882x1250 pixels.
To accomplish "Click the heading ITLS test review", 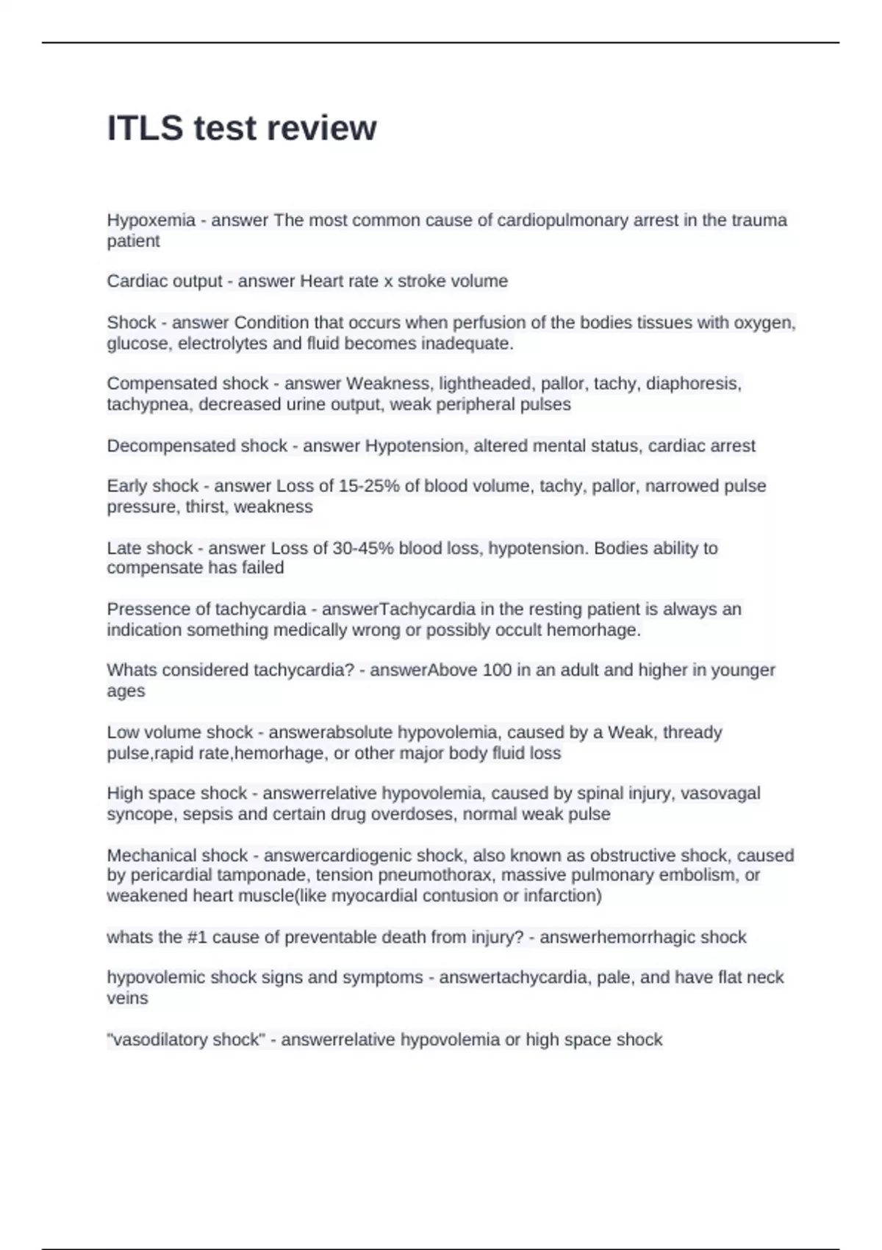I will click(x=242, y=129).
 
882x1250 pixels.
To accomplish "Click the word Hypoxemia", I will click(x=151, y=221).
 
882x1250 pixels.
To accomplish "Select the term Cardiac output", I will click(x=164, y=282).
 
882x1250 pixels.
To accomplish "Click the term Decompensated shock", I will click(x=197, y=446).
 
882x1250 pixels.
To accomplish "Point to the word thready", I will click(x=692, y=732).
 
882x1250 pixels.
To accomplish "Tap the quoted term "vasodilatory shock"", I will click(x=186, y=1040).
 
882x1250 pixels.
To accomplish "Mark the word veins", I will click(x=127, y=999).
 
